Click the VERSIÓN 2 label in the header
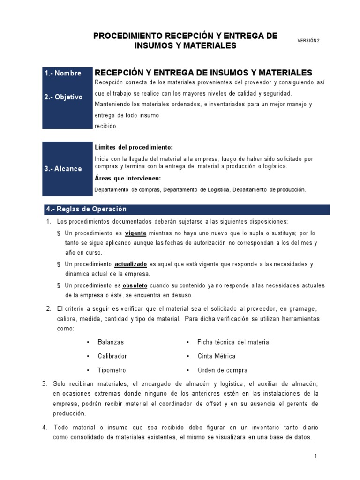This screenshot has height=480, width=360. pos(308,41)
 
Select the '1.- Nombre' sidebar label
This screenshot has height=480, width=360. pos(62,73)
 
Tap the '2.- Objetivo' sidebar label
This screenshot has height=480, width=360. pos(63,97)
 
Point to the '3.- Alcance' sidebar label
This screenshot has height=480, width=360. pos(63,169)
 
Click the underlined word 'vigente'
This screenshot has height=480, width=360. pos(136,233)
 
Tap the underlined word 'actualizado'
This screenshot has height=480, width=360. pos(131,264)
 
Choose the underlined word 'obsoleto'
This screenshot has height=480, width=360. pos(135,285)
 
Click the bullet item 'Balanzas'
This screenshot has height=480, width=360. pos(111,342)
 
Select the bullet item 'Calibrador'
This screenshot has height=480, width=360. pos(112,356)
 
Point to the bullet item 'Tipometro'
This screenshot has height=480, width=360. pos(112,370)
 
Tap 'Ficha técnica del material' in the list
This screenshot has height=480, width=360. pos(234,342)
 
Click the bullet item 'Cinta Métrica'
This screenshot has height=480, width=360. pos(216,356)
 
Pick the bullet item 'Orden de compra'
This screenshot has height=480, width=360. pos(222,370)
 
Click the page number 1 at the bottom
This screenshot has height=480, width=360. pos(316,456)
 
